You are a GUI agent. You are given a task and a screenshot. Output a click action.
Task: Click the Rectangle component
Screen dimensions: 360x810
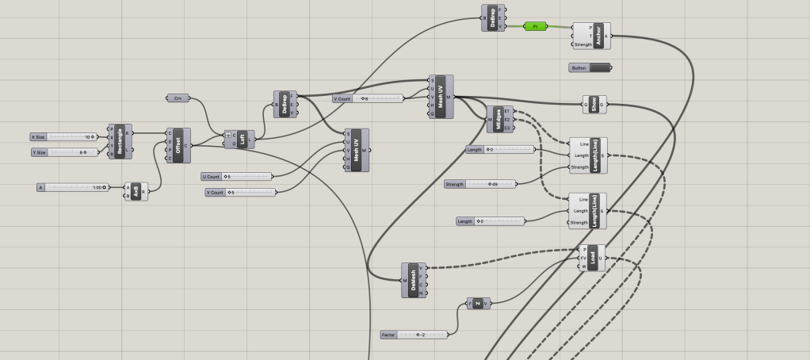pyautogui.click(x=120, y=141)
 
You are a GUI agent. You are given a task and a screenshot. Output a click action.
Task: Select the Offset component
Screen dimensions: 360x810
pyautogui.click(x=178, y=145)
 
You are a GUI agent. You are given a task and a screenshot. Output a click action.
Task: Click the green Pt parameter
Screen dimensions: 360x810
pyautogui.click(x=537, y=26)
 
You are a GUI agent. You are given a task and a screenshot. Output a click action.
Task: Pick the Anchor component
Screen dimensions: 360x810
pyautogui.click(x=598, y=36)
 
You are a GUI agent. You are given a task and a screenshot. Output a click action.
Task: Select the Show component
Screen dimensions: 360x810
pyautogui.click(x=594, y=103)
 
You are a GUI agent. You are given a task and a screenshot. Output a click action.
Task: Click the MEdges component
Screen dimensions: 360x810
pyautogui.click(x=499, y=119)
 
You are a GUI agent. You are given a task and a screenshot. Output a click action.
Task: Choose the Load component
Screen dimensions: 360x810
pyautogui.click(x=592, y=257)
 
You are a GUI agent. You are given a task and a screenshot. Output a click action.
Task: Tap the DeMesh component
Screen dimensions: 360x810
pyautogui.click(x=413, y=280)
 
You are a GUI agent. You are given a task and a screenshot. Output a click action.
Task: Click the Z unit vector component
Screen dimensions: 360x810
pyautogui.click(x=479, y=303)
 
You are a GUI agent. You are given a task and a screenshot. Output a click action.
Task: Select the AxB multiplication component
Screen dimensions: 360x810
pyautogui.click(x=136, y=191)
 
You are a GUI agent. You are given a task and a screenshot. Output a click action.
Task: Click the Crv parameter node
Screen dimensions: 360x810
pyautogui.click(x=178, y=98)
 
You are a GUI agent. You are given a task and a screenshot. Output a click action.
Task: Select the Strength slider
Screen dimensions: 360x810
pyautogui.click(x=480, y=184)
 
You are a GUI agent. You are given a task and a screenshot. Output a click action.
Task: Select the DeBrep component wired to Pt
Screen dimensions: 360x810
pyautogui.click(x=493, y=17)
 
